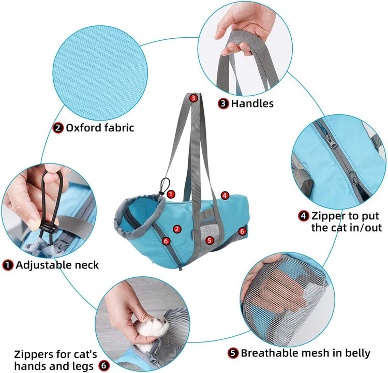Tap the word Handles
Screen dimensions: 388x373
tap(252, 103)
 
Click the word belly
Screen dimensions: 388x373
tap(357, 353)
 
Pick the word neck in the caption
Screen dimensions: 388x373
tap(86, 265)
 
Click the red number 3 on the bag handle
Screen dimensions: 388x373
tap(193, 98)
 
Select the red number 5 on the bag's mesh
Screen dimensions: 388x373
tap(210, 240)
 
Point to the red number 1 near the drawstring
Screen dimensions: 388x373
tap(171, 194)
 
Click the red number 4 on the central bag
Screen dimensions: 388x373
tap(225, 196)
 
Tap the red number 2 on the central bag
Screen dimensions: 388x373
tap(177, 229)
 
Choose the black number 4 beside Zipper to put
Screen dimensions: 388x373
tap(304, 216)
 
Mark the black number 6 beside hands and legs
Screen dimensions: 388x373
tap(104, 366)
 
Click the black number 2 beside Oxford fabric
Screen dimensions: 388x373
tap(58, 128)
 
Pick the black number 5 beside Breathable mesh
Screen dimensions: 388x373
tap(233, 353)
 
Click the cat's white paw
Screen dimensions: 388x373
tap(153, 327)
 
